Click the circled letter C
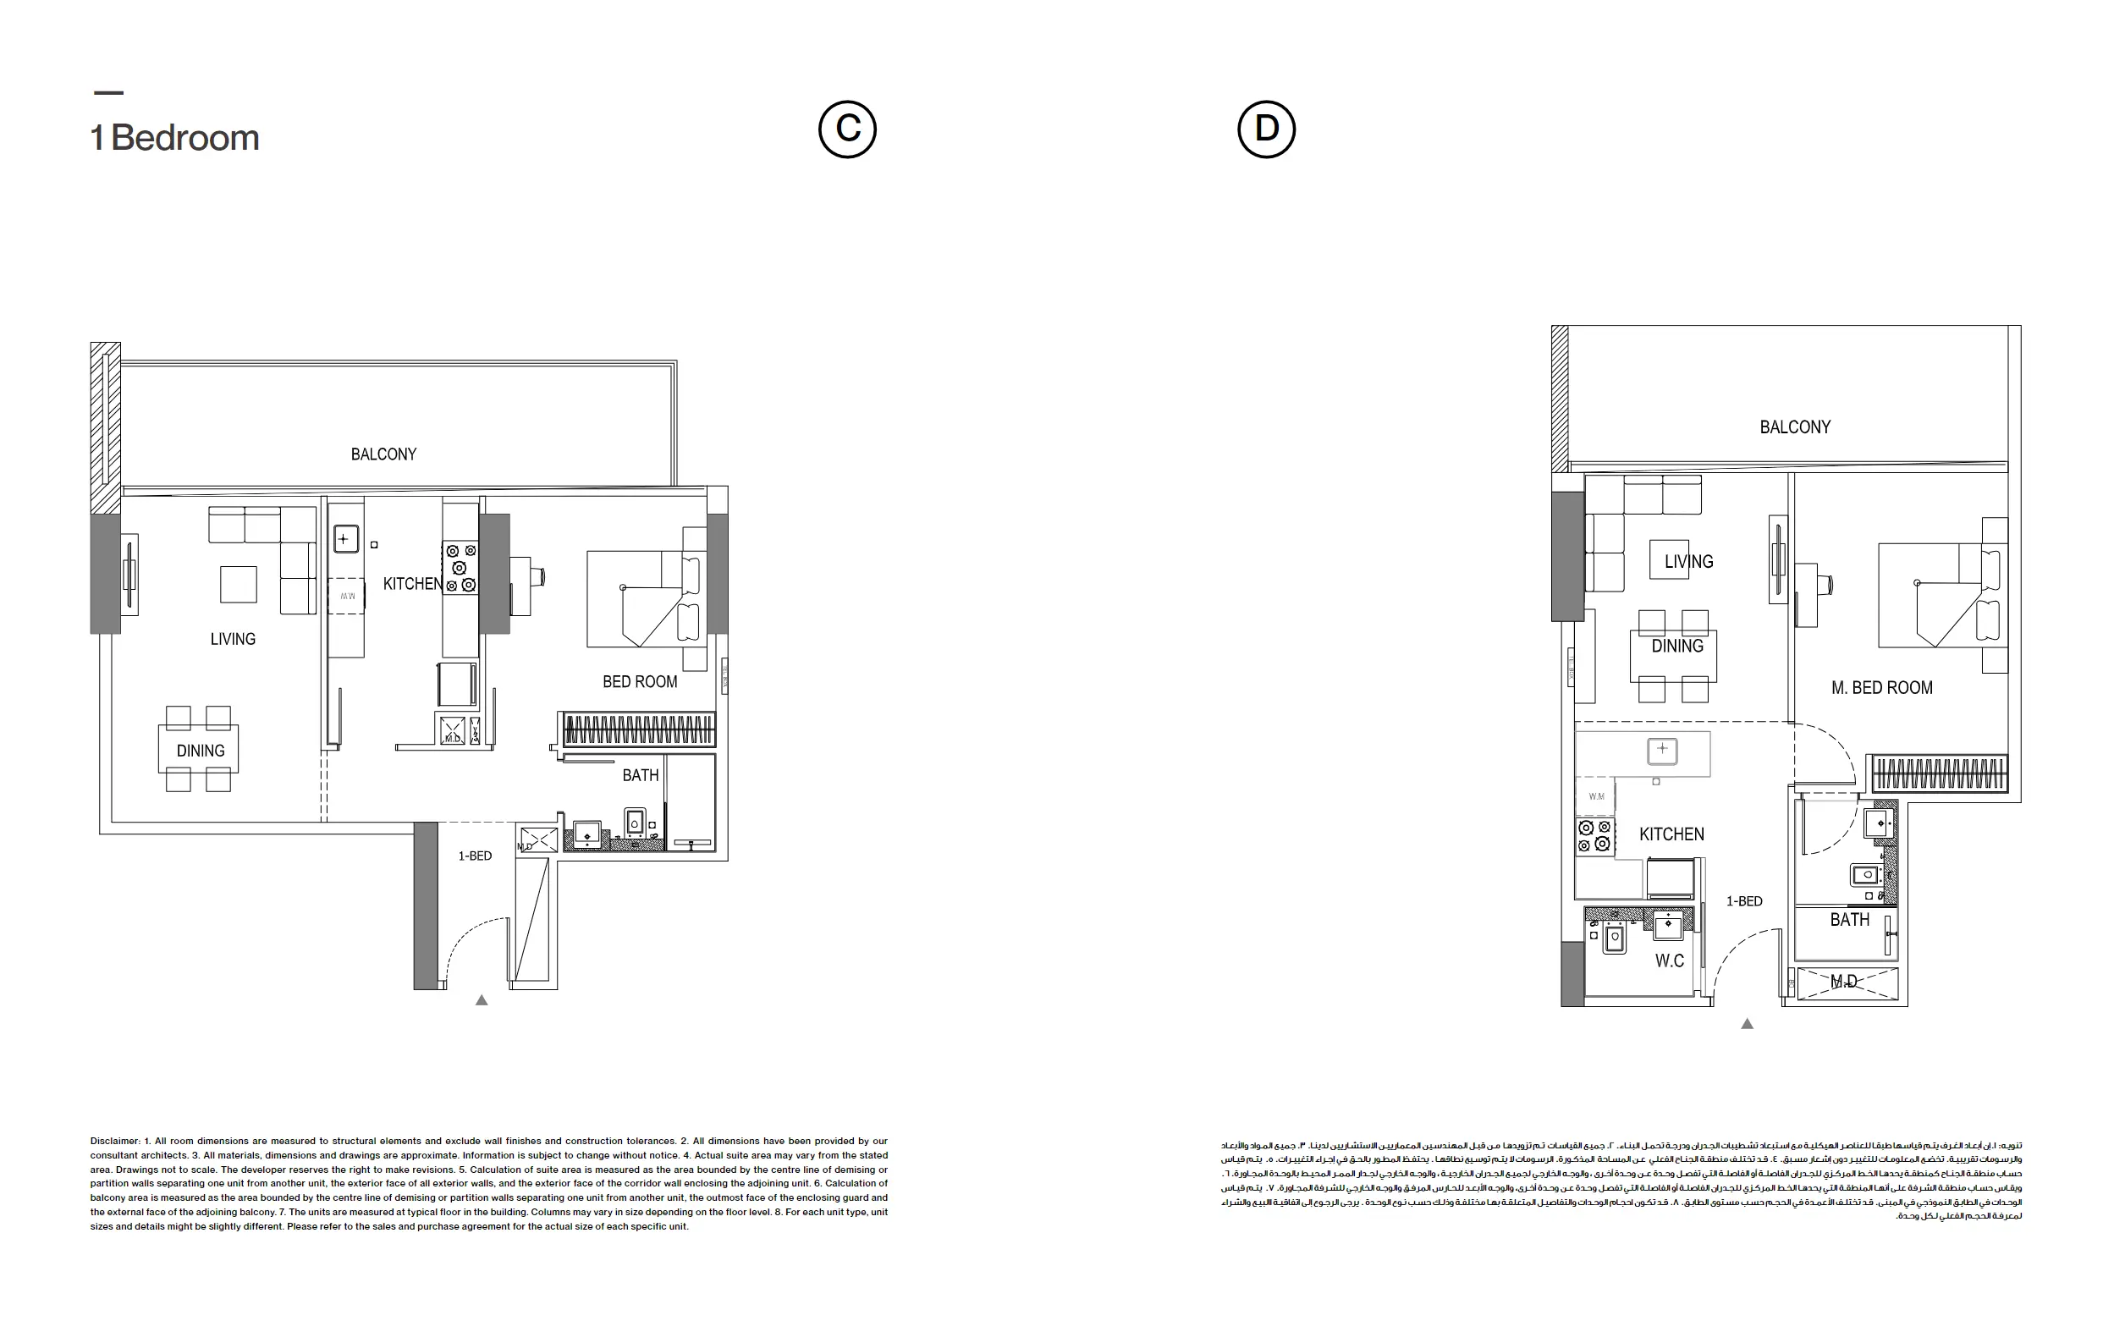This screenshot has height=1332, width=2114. pos(847,129)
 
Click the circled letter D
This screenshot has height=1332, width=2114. pos(1266,129)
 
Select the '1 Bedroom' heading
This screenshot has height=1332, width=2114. pos(175,138)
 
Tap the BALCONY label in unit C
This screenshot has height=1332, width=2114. pos(383,454)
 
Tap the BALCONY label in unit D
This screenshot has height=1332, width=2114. pos(1794,427)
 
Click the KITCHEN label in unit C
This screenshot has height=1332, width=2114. pos(413,584)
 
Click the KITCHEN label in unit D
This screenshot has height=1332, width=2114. pos(1671,834)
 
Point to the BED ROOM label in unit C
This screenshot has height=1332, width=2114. pos(640,681)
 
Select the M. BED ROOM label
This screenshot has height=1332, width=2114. pos(1881,687)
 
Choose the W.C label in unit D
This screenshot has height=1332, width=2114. pos(1669,960)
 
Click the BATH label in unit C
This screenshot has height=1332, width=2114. pos(640,775)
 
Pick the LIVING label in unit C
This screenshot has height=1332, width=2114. pos(233,639)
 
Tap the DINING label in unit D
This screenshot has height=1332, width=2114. pos(1676,647)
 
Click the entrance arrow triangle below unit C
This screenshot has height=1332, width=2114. pos(481,1000)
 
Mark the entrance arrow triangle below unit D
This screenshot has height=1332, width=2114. pos(1747,1024)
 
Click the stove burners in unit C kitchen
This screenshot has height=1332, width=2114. pos(460,568)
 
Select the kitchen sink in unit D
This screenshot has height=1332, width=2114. pos(1661,750)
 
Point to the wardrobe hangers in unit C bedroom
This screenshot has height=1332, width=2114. pos(638,729)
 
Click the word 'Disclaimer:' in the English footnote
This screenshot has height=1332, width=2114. pos(115,1142)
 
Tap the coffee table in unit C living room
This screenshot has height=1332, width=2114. pos(238,584)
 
